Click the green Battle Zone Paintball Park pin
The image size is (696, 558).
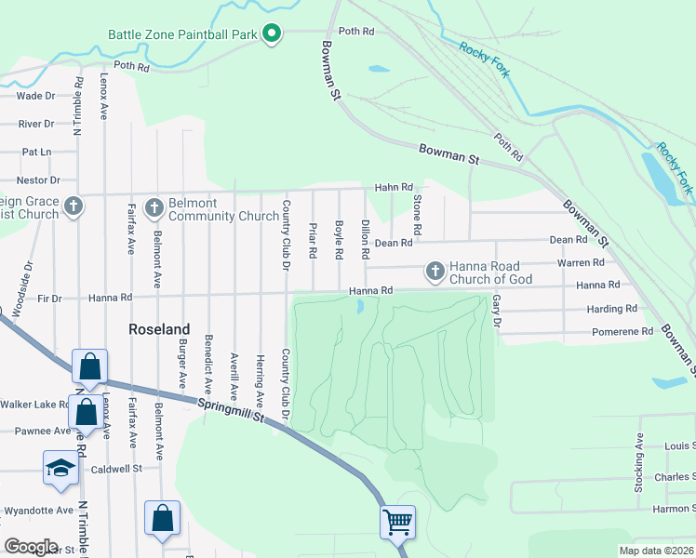click(272, 34)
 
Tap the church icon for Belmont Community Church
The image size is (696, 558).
click(154, 206)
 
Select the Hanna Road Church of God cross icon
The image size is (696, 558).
click(434, 272)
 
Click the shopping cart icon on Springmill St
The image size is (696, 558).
click(397, 523)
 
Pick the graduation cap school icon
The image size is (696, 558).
click(60, 468)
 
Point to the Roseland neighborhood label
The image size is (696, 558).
click(158, 329)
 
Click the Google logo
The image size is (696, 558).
click(31, 547)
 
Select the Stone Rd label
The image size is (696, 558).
click(418, 215)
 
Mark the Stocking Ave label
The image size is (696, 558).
click(639, 462)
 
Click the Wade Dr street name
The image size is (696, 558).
click(36, 96)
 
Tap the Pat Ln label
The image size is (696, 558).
click(36, 152)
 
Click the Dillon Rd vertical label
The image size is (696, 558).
click(366, 239)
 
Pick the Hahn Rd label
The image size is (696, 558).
click(393, 188)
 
